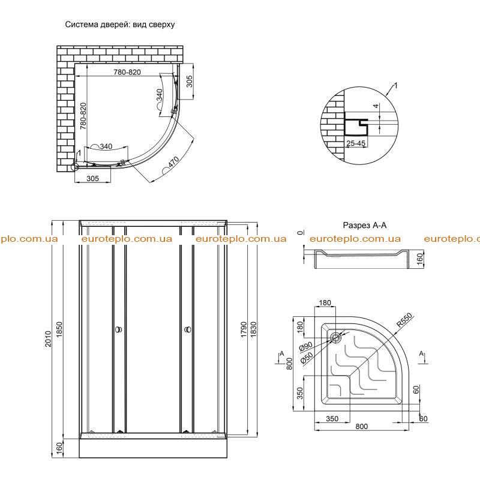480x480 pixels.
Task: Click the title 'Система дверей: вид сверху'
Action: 119,25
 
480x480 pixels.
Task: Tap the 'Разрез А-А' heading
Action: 364,226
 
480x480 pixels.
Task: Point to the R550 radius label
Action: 404,320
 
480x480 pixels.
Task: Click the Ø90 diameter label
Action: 305,347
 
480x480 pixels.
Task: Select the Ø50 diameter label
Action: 307,358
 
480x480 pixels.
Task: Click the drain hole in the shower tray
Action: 336,338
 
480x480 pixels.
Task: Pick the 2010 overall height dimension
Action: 48,338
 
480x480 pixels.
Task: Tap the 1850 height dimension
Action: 59,329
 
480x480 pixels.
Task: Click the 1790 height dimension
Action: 244,329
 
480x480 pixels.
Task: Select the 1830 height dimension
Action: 253,329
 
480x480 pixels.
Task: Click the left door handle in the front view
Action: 118,329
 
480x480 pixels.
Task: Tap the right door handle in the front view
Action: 188,329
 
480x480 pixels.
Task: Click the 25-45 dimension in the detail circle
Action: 356,143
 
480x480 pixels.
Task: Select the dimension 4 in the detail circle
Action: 376,106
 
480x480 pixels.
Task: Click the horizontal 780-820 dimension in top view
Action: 127,72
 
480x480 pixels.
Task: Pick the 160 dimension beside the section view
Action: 419,259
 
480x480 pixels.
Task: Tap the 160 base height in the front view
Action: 59,448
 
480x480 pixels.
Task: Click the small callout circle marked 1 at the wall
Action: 74,167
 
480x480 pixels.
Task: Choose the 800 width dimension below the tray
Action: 362,426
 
